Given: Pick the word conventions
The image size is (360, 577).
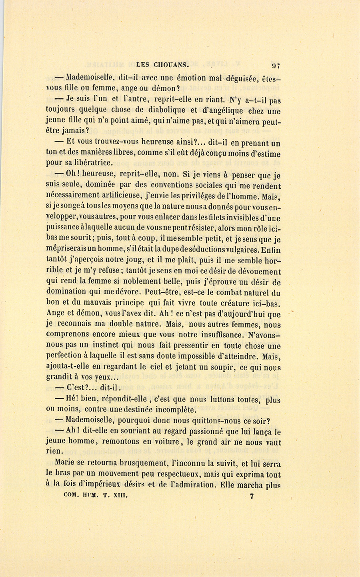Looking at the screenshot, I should pyautogui.click(x=158, y=186).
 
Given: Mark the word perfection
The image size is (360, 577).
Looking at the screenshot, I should pyautogui.click(x=64, y=355).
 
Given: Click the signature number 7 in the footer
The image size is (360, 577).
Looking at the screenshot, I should pyautogui.click(x=252, y=497).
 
